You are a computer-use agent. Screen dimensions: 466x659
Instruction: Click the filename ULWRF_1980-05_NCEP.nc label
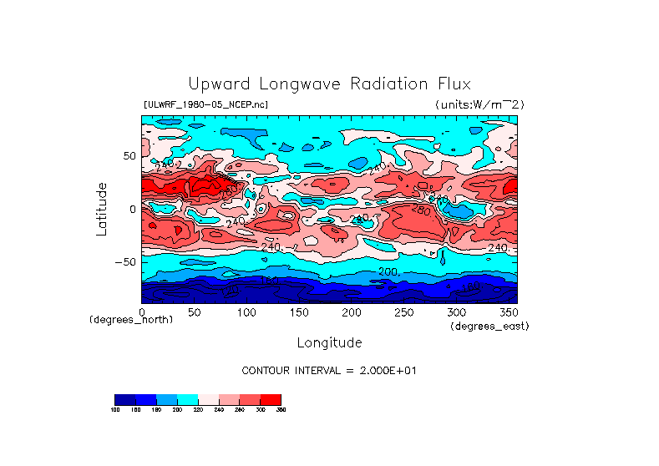[205, 104]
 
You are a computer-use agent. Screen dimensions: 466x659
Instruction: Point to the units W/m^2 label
[479, 104]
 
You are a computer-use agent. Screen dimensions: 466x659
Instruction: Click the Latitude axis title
[102, 209]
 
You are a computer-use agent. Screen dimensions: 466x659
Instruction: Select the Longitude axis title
[330, 342]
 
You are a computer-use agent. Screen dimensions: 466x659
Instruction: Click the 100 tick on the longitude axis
[246, 312]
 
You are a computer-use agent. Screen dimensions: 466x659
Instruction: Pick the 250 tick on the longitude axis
[403, 312]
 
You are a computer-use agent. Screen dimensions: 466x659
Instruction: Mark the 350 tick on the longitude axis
[508, 312]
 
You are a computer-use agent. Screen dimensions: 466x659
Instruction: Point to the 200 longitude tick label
[351, 312]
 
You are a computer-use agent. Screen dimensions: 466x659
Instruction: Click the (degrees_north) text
[131, 321]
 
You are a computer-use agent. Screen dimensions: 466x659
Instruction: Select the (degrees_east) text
[489, 326]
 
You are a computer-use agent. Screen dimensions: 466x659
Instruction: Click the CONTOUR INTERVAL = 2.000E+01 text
[328, 370]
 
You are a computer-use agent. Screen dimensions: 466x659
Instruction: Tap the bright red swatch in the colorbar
[271, 399]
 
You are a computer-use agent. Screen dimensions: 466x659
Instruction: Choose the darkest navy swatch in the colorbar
[124, 399]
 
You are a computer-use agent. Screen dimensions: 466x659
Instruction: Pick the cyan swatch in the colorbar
[187, 399]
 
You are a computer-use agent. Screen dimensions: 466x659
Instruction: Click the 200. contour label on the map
[388, 272]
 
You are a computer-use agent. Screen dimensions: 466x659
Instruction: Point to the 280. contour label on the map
[421, 210]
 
